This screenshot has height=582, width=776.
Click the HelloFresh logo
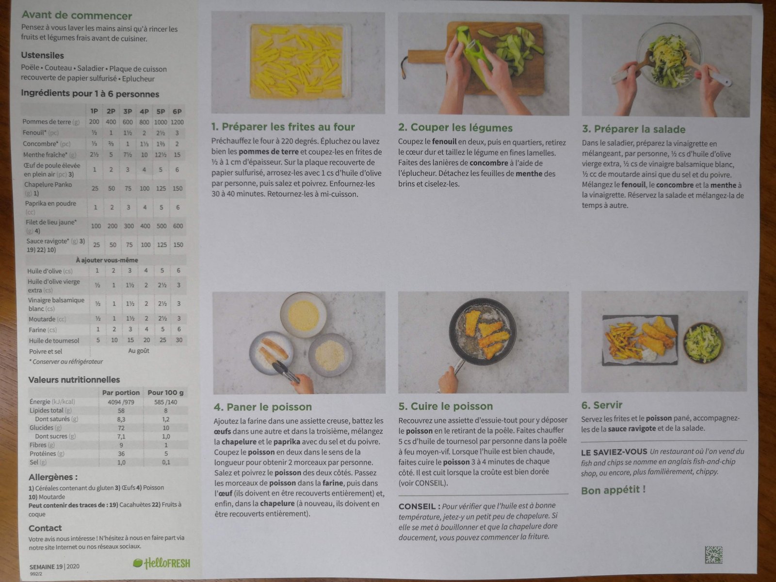point(162,563)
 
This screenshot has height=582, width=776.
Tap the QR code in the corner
point(713,554)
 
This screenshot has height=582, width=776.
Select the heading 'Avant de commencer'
point(77,16)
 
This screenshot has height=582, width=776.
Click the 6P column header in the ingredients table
point(177,112)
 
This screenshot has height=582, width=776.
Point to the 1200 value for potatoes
point(177,122)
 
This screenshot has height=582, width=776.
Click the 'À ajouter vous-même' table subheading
point(107,260)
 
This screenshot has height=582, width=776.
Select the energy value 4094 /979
point(121,402)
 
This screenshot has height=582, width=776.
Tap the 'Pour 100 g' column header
point(165,392)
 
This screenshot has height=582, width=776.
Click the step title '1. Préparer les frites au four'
point(283,127)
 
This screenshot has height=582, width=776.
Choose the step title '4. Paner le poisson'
point(263,407)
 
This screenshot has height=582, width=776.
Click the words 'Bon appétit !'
point(614,490)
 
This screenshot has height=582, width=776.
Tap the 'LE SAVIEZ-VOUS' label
point(614,452)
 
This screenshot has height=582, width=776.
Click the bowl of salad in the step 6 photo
point(703,342)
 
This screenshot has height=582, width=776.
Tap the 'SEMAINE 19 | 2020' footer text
point(54,566)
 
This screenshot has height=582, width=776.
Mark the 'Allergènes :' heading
point(53,477)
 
